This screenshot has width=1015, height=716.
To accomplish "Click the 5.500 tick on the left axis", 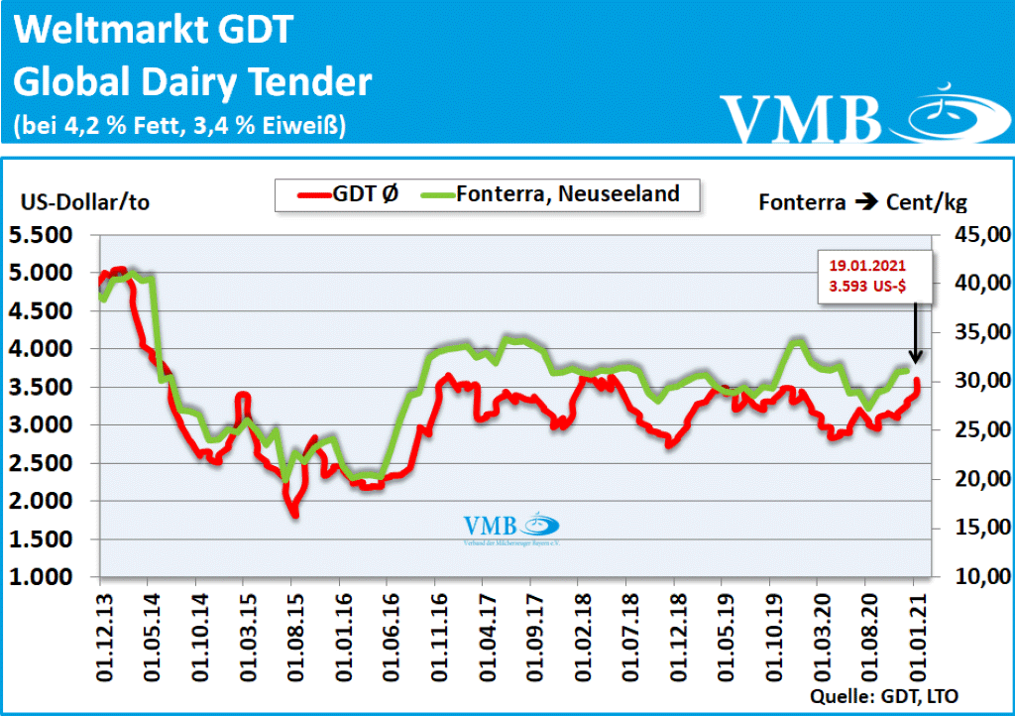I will click(47, 235).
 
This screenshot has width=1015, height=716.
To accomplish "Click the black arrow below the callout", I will click(915, 332).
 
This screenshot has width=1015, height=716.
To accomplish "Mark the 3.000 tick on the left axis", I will click(47, 425).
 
